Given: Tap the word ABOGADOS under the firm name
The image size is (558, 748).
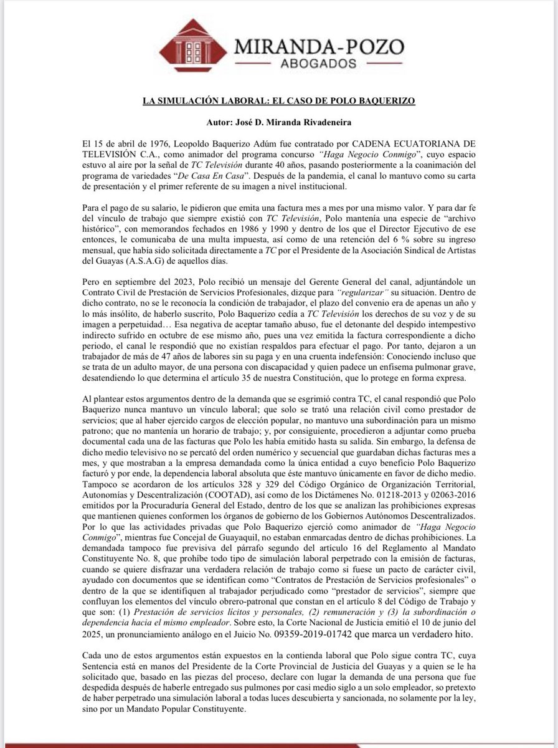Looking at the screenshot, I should click(x=318, y=64).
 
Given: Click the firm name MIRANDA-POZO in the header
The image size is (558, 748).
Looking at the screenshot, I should click(x=318, y=46).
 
